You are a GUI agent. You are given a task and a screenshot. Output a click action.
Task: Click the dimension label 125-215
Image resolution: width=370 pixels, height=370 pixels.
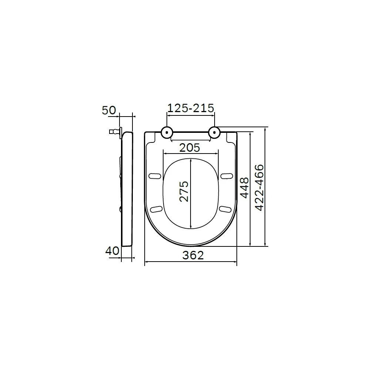(x=191, y=108)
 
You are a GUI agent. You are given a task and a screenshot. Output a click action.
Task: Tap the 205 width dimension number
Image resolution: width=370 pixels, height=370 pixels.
(x=189, y=148)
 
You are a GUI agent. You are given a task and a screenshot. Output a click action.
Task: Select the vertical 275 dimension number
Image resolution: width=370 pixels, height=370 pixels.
(x=184, y=191)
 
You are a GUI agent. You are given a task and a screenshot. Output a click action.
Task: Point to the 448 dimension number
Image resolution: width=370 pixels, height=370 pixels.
(x=245, y=188)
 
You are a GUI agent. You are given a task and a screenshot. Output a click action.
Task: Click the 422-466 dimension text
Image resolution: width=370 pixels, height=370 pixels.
(x=259, y=188)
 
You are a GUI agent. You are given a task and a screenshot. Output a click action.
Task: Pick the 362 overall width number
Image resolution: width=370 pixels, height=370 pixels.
(x=193, y=255)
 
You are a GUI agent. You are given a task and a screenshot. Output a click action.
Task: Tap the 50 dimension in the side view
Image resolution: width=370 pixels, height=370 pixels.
(x=109, y=110)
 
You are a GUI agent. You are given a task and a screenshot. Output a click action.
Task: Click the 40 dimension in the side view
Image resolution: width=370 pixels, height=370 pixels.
(x=112, y=251)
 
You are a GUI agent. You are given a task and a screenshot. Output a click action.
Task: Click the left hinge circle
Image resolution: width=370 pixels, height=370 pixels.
(x=167, y=132)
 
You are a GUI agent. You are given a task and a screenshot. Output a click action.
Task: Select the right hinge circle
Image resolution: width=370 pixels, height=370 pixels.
(x=215, y=132)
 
